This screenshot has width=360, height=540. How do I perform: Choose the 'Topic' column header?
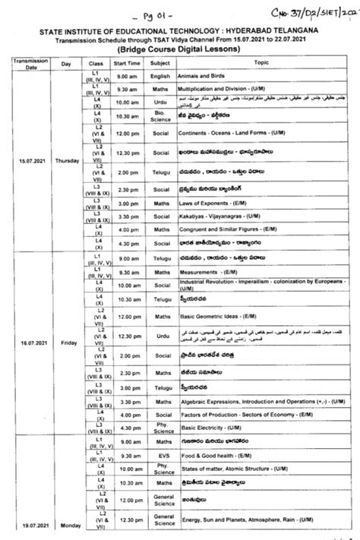[x=261, y=62]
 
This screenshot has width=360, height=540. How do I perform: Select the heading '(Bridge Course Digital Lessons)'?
[x=180, y=47]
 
